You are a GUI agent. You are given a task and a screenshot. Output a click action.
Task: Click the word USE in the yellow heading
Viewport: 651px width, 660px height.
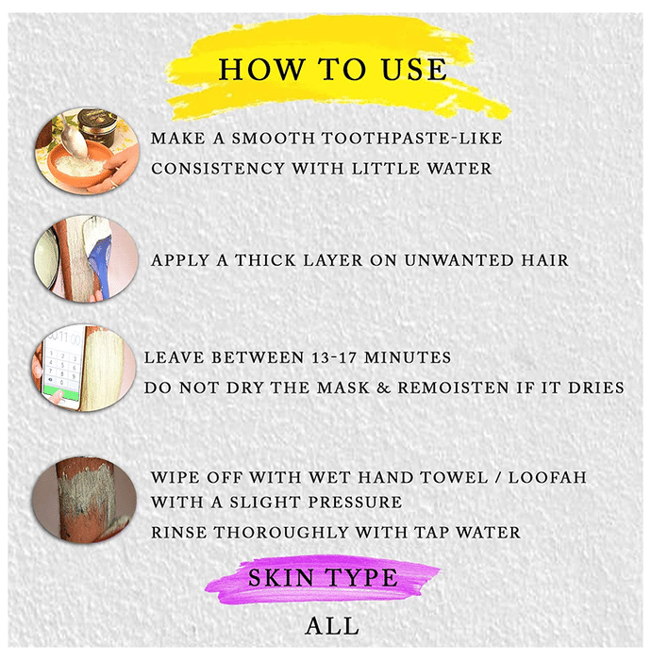[x=414, y=70]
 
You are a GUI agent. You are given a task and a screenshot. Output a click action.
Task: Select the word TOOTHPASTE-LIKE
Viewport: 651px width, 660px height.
[x=412, y=139]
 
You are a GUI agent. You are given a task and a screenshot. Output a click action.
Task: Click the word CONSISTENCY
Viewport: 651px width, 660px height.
[x=218, y=169]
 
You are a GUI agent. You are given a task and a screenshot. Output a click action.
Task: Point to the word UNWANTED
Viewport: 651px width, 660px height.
[x=459, y=260]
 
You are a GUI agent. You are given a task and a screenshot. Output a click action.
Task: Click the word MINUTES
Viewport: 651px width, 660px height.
[x=408, y=357]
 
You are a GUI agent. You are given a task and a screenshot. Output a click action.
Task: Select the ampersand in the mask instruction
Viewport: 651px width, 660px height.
[x=383, y=388]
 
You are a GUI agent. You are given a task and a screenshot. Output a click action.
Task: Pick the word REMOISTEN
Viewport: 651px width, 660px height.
[x=453, y=388]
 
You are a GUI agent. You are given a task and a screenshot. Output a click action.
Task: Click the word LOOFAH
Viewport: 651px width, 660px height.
[x=547, y=477]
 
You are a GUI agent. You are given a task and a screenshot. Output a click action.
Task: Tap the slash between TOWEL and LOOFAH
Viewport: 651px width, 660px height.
[x=498, y=477]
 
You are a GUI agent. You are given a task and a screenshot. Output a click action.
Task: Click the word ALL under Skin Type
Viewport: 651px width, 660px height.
[x=332, y=626]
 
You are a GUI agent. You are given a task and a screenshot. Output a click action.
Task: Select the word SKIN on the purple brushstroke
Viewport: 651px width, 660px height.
[x=281, y=577]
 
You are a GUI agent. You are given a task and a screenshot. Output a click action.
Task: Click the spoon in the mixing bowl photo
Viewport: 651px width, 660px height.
[x=73, y=136]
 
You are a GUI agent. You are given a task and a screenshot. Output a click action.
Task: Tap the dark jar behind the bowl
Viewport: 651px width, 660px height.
[x=97, y=126]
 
